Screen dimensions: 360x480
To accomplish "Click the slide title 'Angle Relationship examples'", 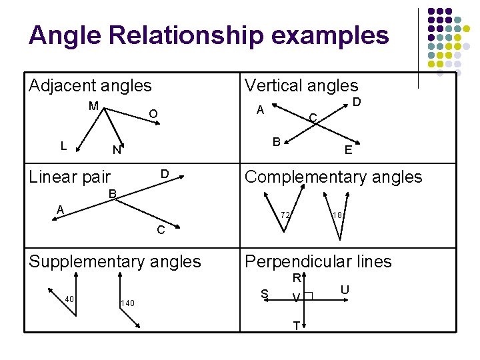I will [209, 35].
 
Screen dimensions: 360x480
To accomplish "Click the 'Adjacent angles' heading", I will [90, 85].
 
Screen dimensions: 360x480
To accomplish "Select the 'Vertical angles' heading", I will [301, 85].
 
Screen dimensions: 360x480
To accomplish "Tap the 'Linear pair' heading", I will [70, 177].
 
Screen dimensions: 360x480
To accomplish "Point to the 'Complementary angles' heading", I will [333, 177].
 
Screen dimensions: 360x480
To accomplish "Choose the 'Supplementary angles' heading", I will [115, 261].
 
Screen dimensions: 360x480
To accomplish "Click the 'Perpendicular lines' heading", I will [318, 261].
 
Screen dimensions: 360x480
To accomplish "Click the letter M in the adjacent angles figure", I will [93, 105].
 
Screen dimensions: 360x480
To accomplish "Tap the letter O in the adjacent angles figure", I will [153, 114].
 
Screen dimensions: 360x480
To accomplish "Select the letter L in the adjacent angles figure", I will [63, 145].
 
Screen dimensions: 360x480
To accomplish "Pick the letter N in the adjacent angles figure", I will [116, 151].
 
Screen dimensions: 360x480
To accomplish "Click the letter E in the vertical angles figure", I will [348, 151].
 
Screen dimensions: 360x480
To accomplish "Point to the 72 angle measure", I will [285, 215].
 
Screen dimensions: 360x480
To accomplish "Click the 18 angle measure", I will [337, 215].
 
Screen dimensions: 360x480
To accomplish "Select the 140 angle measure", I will [127, 303].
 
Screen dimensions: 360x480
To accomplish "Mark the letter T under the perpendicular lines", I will [295, 326].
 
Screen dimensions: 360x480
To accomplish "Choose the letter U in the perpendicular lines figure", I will [345, 289].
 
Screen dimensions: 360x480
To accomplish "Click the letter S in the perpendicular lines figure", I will [265, 293].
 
